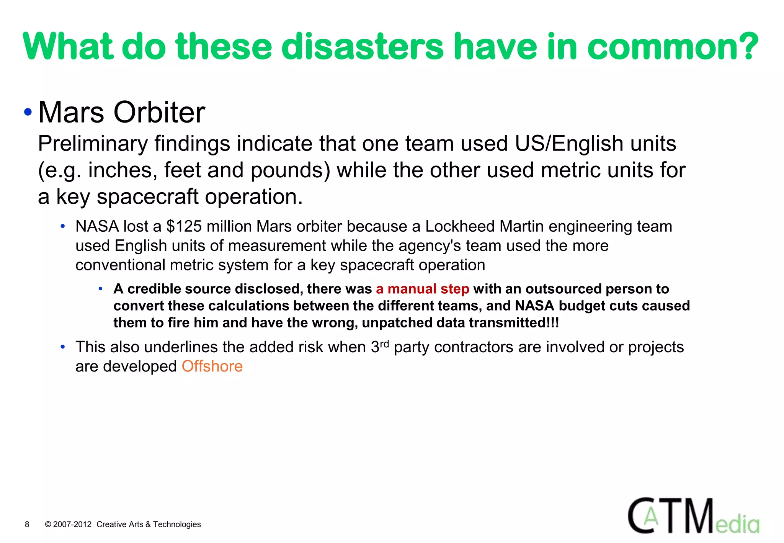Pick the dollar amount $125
(184, 226)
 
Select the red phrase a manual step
(422, 289)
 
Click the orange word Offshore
(212, 366)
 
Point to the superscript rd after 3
(384, 343)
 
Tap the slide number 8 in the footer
(27, 524)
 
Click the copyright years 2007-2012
(72, 524)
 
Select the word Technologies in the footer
(177, 524)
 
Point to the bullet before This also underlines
(63, 347)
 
